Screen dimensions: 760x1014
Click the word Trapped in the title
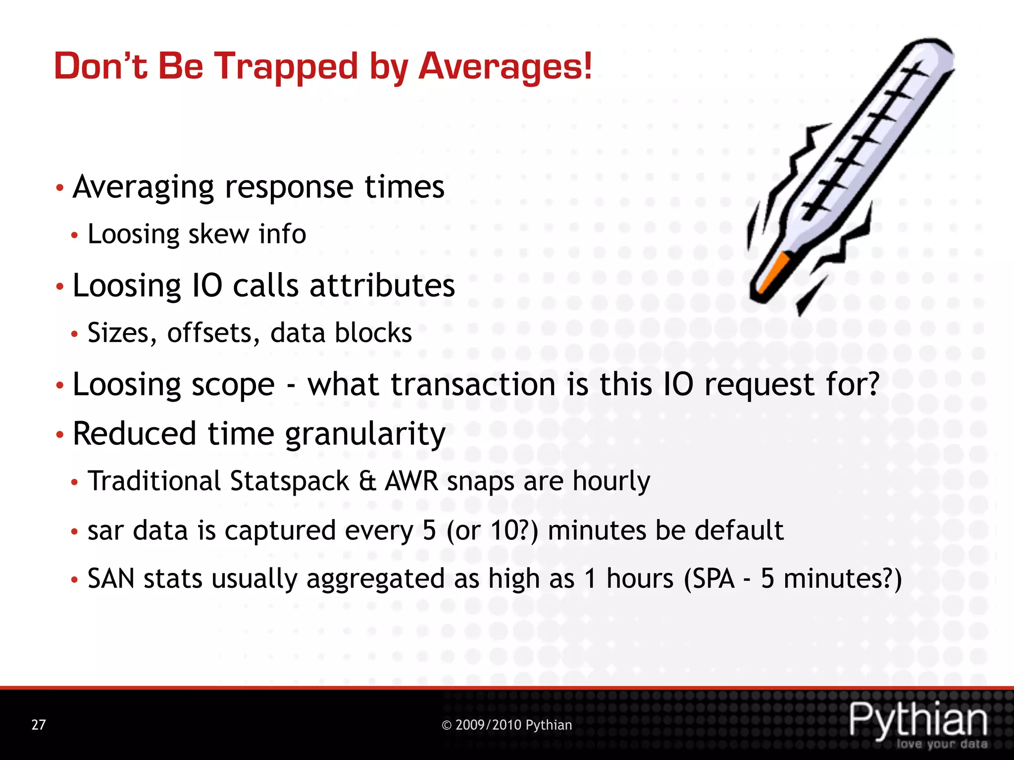tap(286, 67)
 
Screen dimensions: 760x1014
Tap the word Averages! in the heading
tap(505, 67)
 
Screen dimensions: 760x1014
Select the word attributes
tap(382, 286)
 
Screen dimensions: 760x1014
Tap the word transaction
tap(473, 384)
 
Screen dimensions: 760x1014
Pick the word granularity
tap(365, 434)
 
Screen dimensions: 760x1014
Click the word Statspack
tap(290, 481)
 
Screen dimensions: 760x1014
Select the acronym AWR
tap(411, 481)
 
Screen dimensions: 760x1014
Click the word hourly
tap(611, 481)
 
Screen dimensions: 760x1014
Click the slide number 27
tap(39, 725)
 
